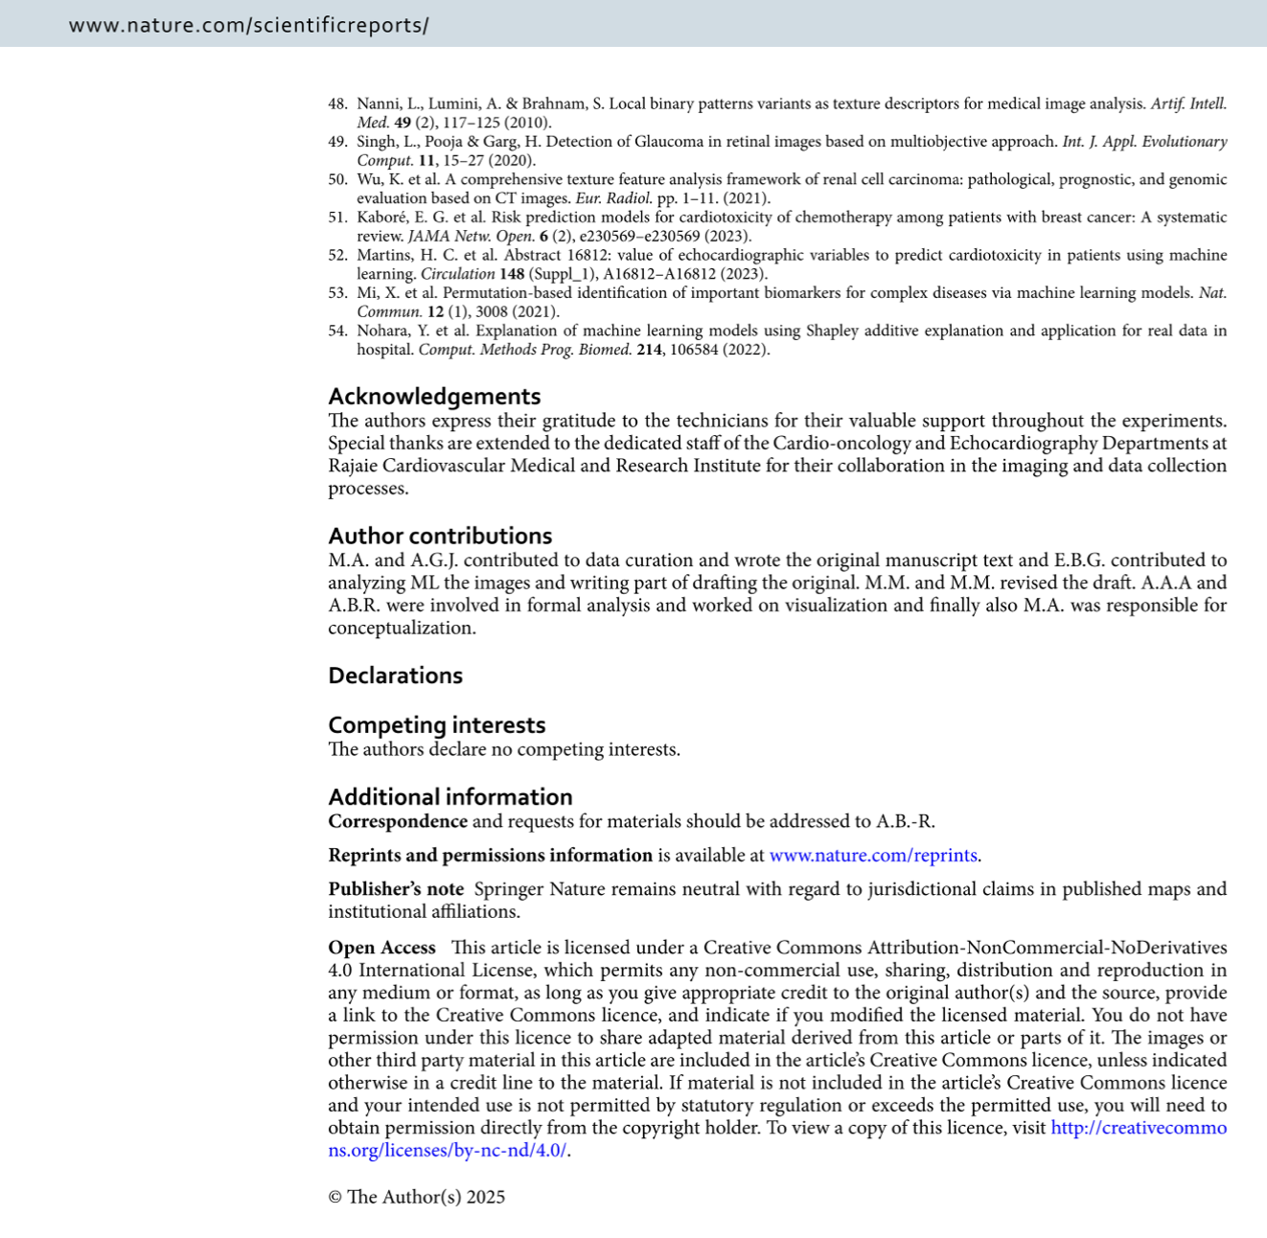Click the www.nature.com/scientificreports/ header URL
point(248,26)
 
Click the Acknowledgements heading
point(434,396)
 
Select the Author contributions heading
point(440,536)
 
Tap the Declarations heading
point(395,676)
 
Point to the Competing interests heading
point(436,725)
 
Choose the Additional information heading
point(449,797)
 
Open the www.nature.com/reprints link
point(873,856)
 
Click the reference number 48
point(337,103)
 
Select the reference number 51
point(337,218)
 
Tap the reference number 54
point(337,331)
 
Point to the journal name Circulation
point(457,274)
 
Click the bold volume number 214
point(649,350)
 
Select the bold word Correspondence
point(397,822)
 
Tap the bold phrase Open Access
point(381,948)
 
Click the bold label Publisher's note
point(395,889)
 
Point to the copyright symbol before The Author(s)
point(334,1197)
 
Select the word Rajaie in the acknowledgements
point(353,466)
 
